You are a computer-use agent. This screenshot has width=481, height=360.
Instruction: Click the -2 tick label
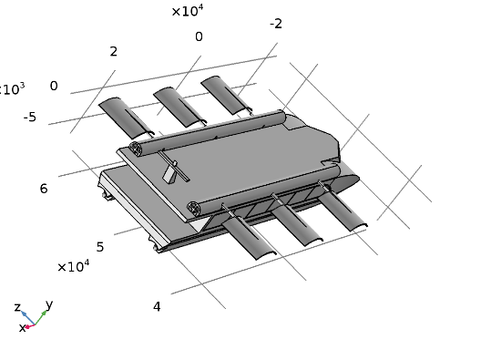point(276,24)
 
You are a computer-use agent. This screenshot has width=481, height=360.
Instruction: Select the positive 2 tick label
point(114,51)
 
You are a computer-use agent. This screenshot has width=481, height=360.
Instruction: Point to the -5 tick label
point(30,117)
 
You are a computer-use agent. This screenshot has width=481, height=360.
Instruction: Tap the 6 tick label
point(44,189)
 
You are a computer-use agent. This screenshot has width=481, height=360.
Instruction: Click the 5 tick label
point(100,247)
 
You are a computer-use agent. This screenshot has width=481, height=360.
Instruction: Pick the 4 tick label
point(157,306)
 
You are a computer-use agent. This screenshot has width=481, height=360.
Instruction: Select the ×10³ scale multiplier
point(12,89)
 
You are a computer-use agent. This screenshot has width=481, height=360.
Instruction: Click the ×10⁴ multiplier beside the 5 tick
point(74,266)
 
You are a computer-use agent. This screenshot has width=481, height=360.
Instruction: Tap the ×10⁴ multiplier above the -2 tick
point(188,11)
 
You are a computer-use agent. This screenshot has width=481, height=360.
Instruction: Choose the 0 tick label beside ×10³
point(54,86)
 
